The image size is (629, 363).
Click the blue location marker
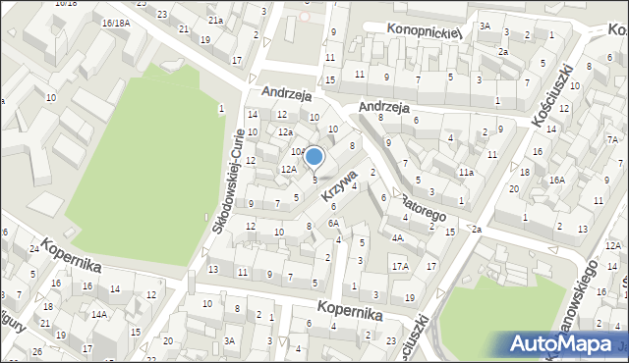[314, 157]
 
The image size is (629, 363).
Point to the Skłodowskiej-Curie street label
[228, 181]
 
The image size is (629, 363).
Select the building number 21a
[215, 20]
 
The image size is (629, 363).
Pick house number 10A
[298, 151]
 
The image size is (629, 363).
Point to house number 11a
[466, 172]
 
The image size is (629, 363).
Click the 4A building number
[397, 236]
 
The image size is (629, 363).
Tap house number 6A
[333, 223]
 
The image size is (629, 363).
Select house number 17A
[400, 266]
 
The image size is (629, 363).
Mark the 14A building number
[99, 315]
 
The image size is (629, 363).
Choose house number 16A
[556, 180]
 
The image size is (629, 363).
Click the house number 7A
[610, 139]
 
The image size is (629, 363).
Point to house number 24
[33, 249]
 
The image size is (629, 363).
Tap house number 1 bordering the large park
[222, 108]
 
